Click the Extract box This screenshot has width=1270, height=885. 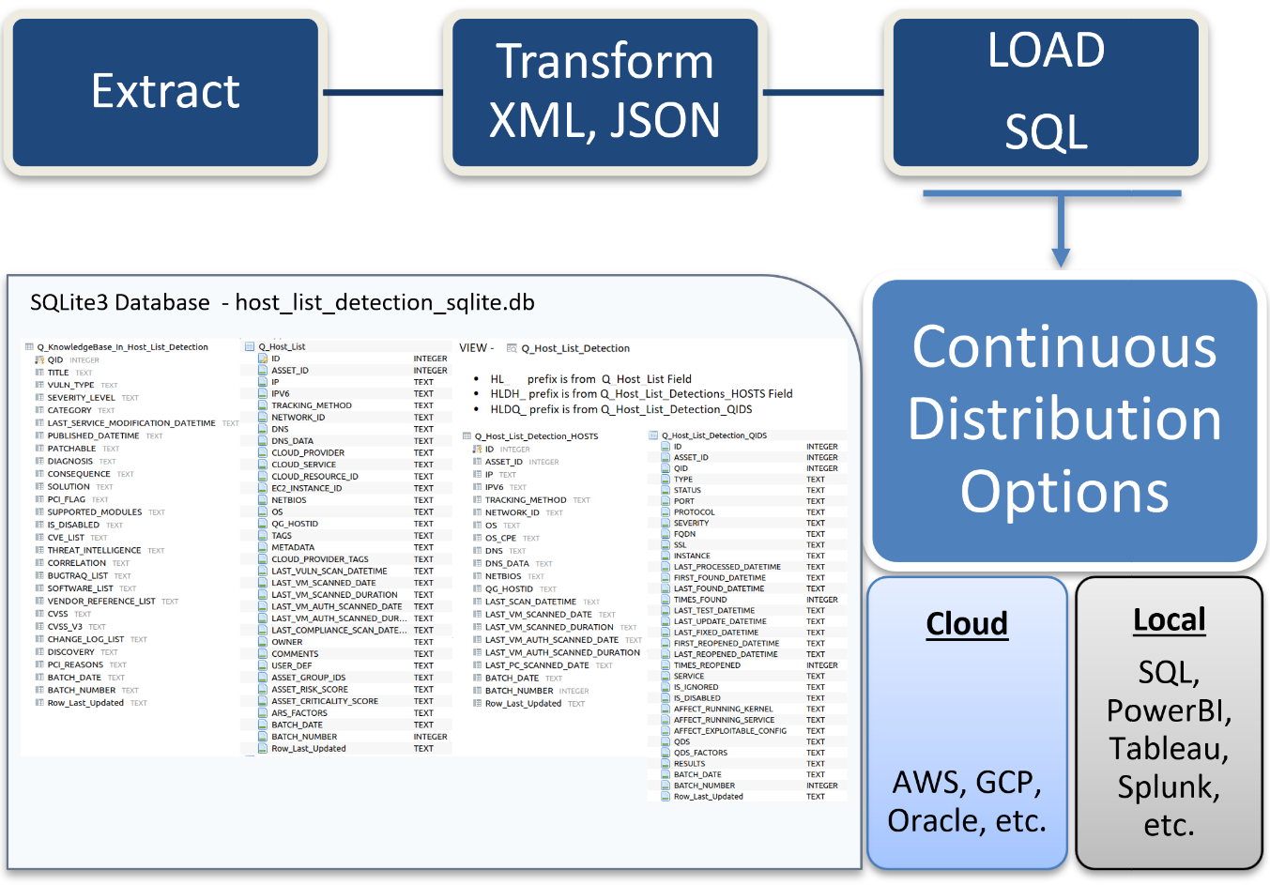point(165,92)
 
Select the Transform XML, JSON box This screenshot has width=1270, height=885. point(604,92)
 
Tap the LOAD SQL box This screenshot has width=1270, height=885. point(1046,92)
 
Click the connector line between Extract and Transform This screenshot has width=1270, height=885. point(383,92)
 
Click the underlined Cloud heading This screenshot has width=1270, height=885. point(967,624)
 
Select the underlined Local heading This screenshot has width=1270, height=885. point(1169,620)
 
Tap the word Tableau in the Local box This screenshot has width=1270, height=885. point(1168,749)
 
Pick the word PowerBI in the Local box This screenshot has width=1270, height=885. point(1169,710)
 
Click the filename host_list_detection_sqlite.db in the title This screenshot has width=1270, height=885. point(385,303)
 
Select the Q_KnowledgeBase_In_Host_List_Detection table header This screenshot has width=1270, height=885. point(122,347)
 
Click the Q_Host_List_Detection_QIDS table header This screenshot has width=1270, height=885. point(713,435)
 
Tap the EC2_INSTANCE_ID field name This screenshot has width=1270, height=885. point(307,488)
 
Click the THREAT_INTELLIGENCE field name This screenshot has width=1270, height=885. point(94,551)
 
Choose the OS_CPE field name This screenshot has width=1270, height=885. point(500,539)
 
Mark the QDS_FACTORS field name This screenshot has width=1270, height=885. point(700,753)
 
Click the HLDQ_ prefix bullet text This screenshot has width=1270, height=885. point(620,409)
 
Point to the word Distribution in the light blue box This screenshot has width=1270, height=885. point(1064,420)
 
